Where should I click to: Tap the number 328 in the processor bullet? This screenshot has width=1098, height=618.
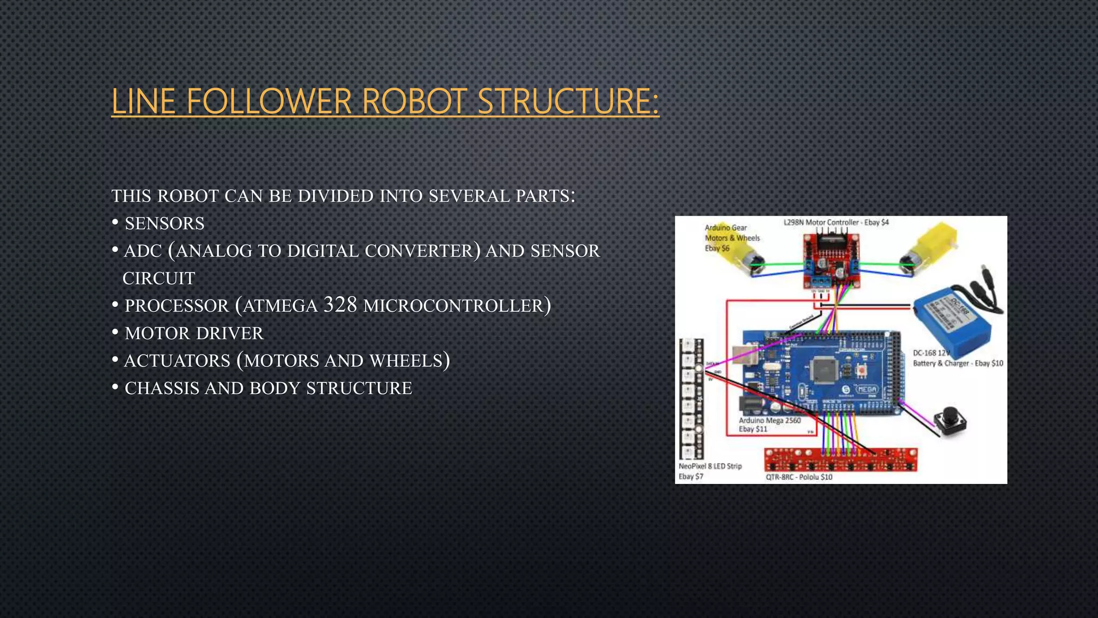tap(340, 305)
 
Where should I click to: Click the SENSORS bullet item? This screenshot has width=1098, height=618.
tap(164, 223)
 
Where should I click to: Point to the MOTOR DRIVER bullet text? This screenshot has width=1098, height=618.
tap(194, 333)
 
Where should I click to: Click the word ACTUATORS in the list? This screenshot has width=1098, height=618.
tap(177, 360)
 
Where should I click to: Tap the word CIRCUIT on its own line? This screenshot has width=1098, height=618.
tap(159, 278)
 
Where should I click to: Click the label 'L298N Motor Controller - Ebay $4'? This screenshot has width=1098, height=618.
tap(836, 222)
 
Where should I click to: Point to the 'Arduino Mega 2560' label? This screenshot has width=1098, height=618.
tap(769, 421)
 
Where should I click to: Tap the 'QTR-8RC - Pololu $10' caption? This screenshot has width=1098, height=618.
tap(799, 477)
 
